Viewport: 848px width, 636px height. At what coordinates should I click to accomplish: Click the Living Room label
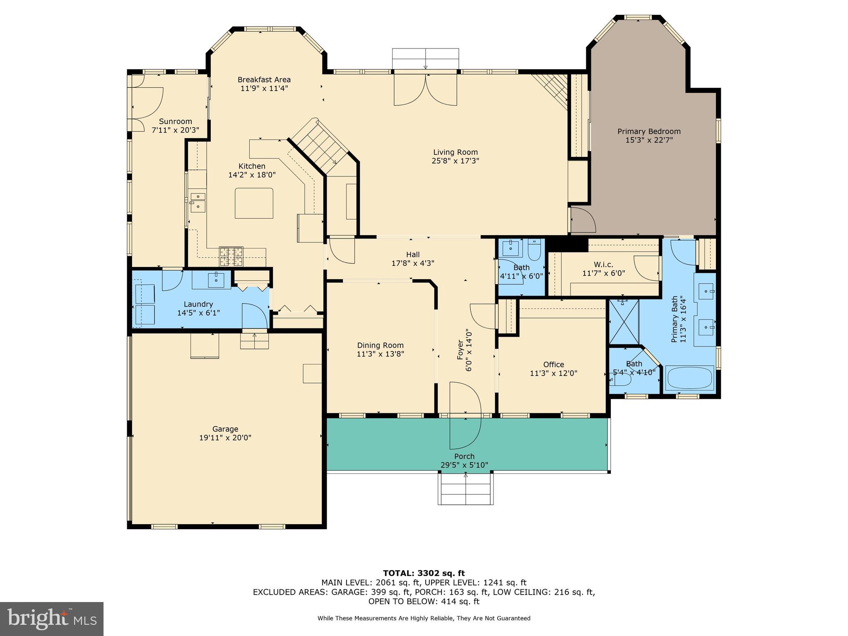[455, 152]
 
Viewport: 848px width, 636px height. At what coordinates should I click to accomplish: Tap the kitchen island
[254, 203]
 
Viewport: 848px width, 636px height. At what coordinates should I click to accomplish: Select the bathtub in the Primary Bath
[689, 378]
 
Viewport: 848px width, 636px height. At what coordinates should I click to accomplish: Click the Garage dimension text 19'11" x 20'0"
[225, 438]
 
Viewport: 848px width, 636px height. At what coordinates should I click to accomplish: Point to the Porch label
[464, 456]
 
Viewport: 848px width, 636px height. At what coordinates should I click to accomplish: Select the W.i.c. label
[603, 264]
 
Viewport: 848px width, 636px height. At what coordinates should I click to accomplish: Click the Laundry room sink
[216, 280]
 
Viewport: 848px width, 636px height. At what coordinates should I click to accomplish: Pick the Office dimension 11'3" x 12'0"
[554, 373]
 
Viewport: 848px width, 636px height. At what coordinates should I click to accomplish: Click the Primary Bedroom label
[649, 131]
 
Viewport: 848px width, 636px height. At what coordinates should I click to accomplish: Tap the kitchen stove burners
[231, 256]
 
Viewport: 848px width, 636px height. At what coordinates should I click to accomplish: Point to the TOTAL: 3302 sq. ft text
[424, 573]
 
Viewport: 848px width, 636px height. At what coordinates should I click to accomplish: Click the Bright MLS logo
[52, 619]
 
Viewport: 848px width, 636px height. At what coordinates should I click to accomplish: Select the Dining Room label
[380, 345]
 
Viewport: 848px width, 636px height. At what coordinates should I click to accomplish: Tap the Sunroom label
[176, 121]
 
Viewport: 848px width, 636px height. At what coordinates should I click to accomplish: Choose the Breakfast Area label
[264, 79]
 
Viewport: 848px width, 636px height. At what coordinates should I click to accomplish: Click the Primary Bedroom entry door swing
[583, 220]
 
